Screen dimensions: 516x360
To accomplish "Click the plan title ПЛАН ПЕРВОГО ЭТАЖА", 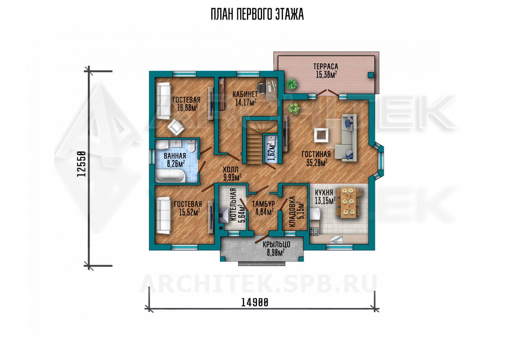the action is tap(257, 15).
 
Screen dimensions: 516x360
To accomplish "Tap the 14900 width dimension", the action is tap(255, 302).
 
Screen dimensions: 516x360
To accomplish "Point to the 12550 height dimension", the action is tap(81, 164).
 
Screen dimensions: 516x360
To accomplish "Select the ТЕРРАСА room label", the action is tap(325, 67).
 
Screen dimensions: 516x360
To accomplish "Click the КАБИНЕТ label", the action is tap(245, 94).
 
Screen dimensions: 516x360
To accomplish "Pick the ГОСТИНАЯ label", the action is tap(316, 154).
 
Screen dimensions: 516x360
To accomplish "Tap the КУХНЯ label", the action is tap(324, 193).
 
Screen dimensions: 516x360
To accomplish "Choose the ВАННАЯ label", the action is tap(175, 156).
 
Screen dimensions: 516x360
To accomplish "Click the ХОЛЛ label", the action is tap(231, 170).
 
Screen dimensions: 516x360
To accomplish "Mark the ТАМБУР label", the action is tap(263, 204).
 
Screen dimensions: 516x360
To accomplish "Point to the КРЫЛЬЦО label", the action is tap(276, 244).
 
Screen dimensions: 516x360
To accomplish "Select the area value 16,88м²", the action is tap(188, 108).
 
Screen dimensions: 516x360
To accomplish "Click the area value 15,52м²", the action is tap(189, 212).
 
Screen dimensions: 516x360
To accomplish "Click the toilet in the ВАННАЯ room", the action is tap(191, 146).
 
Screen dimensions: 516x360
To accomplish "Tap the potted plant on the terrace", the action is tap(291, 84).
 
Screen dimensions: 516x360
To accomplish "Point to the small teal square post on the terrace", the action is tap(370, 75).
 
